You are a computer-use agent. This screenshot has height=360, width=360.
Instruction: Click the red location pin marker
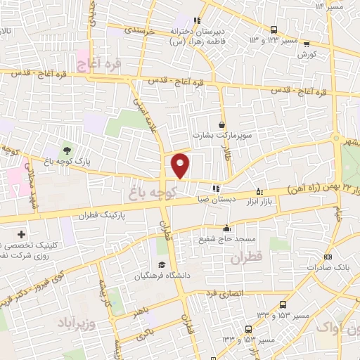click(181, 165)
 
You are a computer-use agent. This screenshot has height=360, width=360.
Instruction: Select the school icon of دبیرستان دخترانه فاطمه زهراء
click(198, 20)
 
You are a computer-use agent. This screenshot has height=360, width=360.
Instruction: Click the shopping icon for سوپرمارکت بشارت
click(222, 125)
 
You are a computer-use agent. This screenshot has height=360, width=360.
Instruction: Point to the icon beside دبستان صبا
click(216, 188)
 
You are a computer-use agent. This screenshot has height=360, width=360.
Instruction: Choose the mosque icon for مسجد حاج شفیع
click(226, 228)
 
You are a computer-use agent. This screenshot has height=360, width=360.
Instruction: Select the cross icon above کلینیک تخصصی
click(21, 234)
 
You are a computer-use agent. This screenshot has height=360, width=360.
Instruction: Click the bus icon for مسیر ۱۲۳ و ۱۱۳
click(274, 30)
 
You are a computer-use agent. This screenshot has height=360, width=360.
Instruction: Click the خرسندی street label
click(139, 30)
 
